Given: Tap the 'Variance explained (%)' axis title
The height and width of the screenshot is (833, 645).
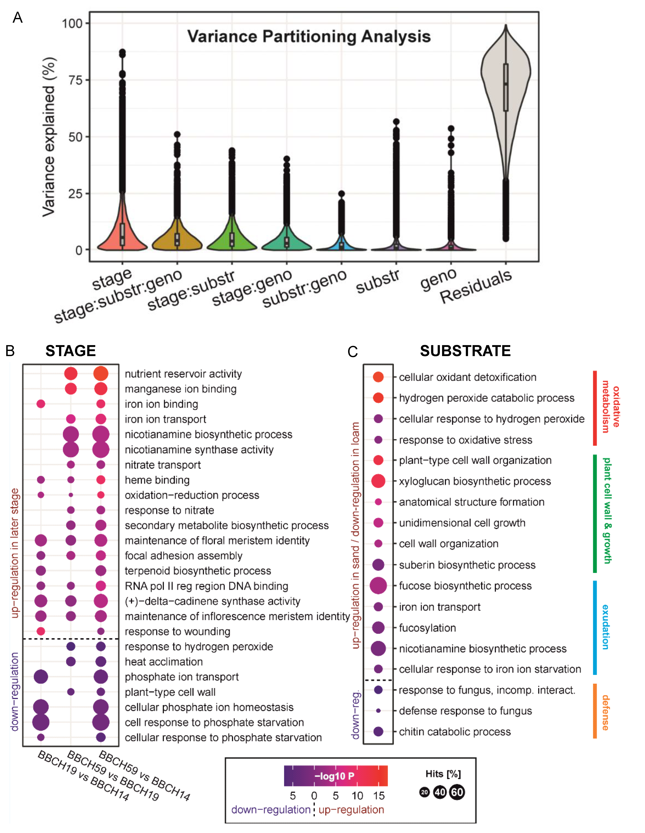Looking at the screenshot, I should (x=49, y=137).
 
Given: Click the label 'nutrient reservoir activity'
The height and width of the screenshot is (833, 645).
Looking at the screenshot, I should (x=183, y=374).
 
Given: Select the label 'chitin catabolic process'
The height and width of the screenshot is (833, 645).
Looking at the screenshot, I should (x=455, y=732).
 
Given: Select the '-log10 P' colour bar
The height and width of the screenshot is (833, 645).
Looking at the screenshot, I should (x=336, y=776).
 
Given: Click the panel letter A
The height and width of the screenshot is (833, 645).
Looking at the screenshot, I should (x=18, y=18).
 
